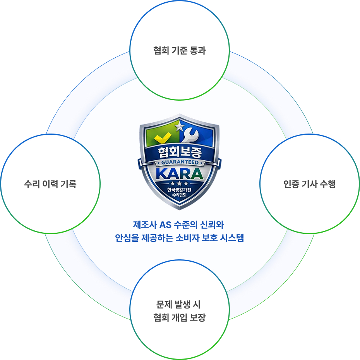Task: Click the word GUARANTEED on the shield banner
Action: [x=180, y=163]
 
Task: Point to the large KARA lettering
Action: [x=180, y=173]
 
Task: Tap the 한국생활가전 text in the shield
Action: [x=180, y=190]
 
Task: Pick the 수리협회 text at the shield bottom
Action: [x=180, y=195]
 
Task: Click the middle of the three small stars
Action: [x=180, y=183]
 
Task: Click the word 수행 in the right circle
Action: [x=328, y=184]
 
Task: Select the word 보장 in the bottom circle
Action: [x=198, y=318]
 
